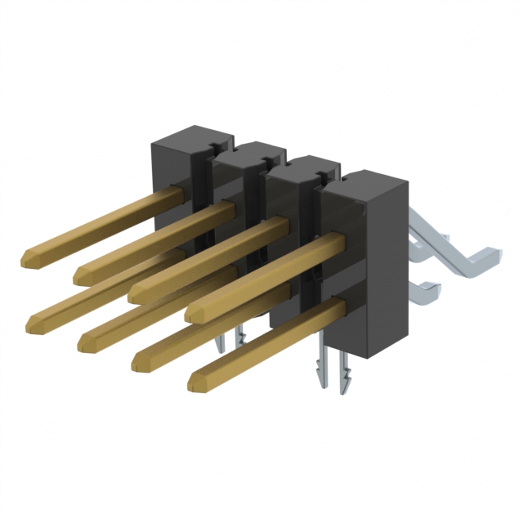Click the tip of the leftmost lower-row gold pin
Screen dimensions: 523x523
(x=33, y=326)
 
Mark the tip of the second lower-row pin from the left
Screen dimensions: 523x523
(x=84, y=343)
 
